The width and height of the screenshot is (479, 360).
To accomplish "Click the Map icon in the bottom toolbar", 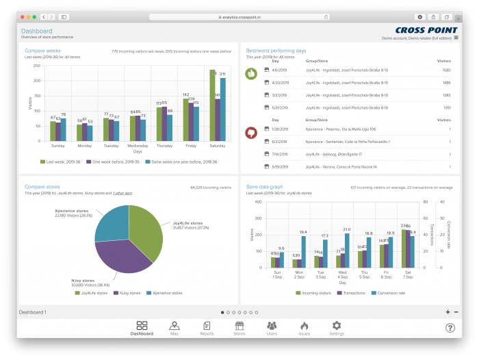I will [x=174, y=326].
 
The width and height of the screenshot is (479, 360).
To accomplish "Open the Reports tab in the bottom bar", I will [x=207, y=326].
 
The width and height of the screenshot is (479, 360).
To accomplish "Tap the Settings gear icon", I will [x=336, y=326].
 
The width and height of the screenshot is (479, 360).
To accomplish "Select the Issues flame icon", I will [x=305, y=326].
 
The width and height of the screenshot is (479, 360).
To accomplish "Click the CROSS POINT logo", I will [x=427, y=30].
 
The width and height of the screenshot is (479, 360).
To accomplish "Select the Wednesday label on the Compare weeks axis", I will [x=138, y=146].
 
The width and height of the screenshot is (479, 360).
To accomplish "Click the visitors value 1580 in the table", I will [x=446, y=70].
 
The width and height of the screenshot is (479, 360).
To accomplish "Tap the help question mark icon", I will [x=450, y=328].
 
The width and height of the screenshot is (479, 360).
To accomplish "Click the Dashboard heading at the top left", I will [x=36, y=31].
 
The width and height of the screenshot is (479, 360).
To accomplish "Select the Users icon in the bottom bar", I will [x=272, y=326].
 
